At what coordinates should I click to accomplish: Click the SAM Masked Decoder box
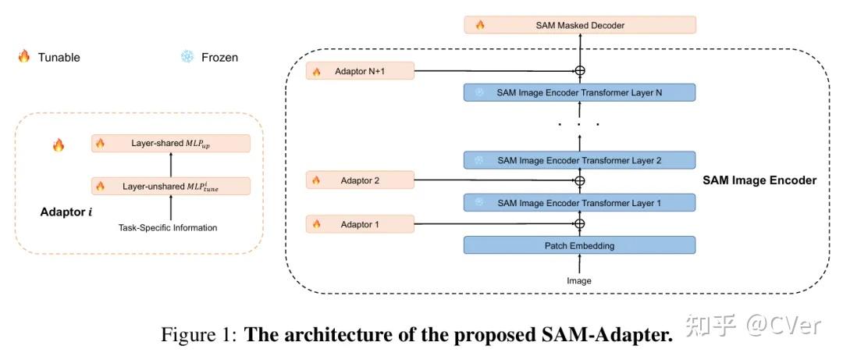coord(579,25)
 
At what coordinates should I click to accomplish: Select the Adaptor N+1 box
coord(361,71)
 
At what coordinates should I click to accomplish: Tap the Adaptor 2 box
coord(361,180)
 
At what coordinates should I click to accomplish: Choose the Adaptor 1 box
coord(361,224)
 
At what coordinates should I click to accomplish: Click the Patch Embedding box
coord(579,245)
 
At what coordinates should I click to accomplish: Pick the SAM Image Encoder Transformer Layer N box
coord(579,92)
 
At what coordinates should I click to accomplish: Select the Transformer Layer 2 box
coord(579,160)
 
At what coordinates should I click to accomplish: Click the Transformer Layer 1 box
coord(579,203)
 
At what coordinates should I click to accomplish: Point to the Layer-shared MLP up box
coord(171,143)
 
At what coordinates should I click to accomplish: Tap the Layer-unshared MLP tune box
coord(171,186)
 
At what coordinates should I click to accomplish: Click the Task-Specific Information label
coord(168,228)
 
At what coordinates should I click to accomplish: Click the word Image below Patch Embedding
coord(579,280)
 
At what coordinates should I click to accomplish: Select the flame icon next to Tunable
coord(24,56)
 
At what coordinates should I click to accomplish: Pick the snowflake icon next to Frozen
coord(187,56)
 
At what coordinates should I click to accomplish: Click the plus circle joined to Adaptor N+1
coord(579,71)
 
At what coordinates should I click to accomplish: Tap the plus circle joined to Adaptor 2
coord(579,180)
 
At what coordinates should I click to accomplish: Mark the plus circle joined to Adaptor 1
coord(579,224)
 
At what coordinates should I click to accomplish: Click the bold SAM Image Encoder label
coord(759,180)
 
